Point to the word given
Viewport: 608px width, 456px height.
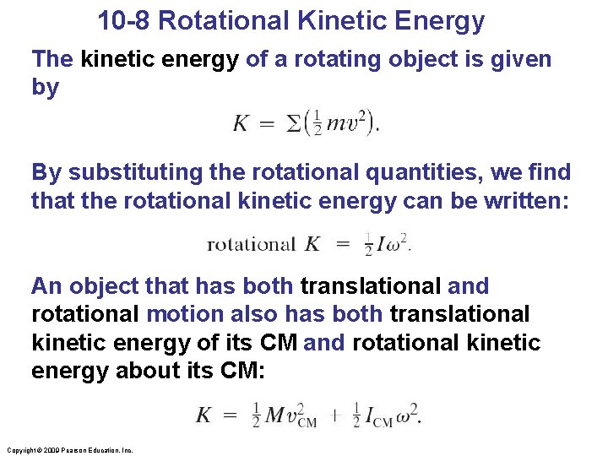coord(513,59)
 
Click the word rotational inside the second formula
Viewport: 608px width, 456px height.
coord(251,245)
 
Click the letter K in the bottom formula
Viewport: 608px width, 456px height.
coord(204,415)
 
